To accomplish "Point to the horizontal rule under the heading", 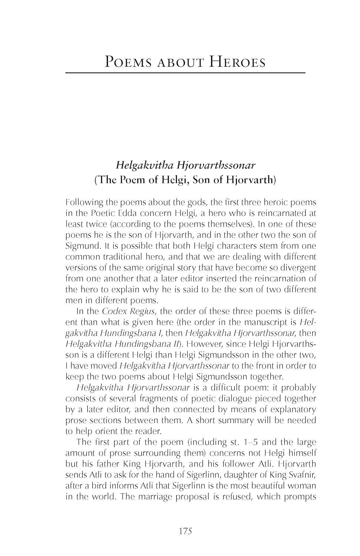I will point(185,73).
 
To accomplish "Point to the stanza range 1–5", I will point(245,442).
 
